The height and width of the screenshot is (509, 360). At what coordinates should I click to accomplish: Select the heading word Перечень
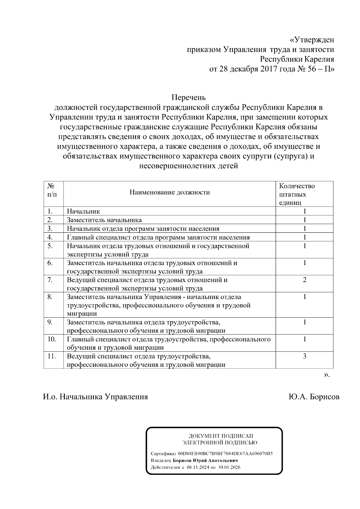(189, 97)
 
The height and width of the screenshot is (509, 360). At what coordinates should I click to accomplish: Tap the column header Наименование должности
(169, 192)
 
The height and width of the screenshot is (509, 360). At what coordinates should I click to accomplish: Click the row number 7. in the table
(50, 280)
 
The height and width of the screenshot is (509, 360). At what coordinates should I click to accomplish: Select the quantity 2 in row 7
(304, 280)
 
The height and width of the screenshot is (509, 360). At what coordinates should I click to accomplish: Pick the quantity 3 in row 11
(304, 356)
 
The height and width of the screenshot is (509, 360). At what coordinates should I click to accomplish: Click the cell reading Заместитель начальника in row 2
(104, 220)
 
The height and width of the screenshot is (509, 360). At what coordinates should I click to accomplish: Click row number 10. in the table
(52, 339)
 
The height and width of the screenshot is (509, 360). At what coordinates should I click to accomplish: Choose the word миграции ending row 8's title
(82, 314)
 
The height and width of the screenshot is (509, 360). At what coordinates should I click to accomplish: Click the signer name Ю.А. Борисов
(314, 397)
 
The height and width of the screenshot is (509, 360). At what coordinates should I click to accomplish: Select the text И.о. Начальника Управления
(95, 397)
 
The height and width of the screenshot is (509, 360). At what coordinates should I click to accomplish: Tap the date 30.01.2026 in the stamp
(229, 467)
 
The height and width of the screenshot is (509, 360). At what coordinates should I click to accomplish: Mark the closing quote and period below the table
(327, 375)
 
